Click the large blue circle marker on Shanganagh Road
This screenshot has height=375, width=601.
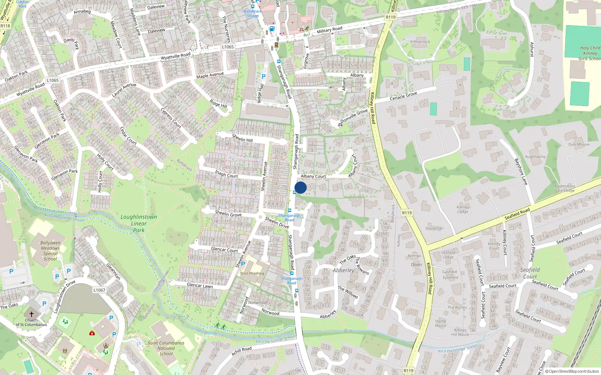pos(300,187)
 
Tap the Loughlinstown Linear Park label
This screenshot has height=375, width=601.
pos(139,223)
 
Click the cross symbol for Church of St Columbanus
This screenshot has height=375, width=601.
pos(32,314)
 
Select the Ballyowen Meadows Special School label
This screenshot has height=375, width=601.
pos(50,251)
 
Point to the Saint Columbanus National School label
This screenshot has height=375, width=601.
pos(166,348)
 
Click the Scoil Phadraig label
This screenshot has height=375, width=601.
pos(252,273)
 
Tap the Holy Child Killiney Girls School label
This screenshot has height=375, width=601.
pos(590,53)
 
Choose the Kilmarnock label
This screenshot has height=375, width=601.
pos(420,42)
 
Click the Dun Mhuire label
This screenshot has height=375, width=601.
pos(579,144)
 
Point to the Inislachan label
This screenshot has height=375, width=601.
pos(434,228)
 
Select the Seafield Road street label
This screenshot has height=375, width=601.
pos(517,214)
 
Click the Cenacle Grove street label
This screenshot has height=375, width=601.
pos(403,96)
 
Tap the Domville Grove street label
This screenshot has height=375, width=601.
pos(354,116)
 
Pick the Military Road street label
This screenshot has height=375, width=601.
pos(329,30)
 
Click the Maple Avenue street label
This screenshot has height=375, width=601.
pos(210,75)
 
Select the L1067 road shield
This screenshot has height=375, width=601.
pos(99,290)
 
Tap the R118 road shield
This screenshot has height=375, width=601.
pos(5,26)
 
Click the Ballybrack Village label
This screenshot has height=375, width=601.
pos(253,13)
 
